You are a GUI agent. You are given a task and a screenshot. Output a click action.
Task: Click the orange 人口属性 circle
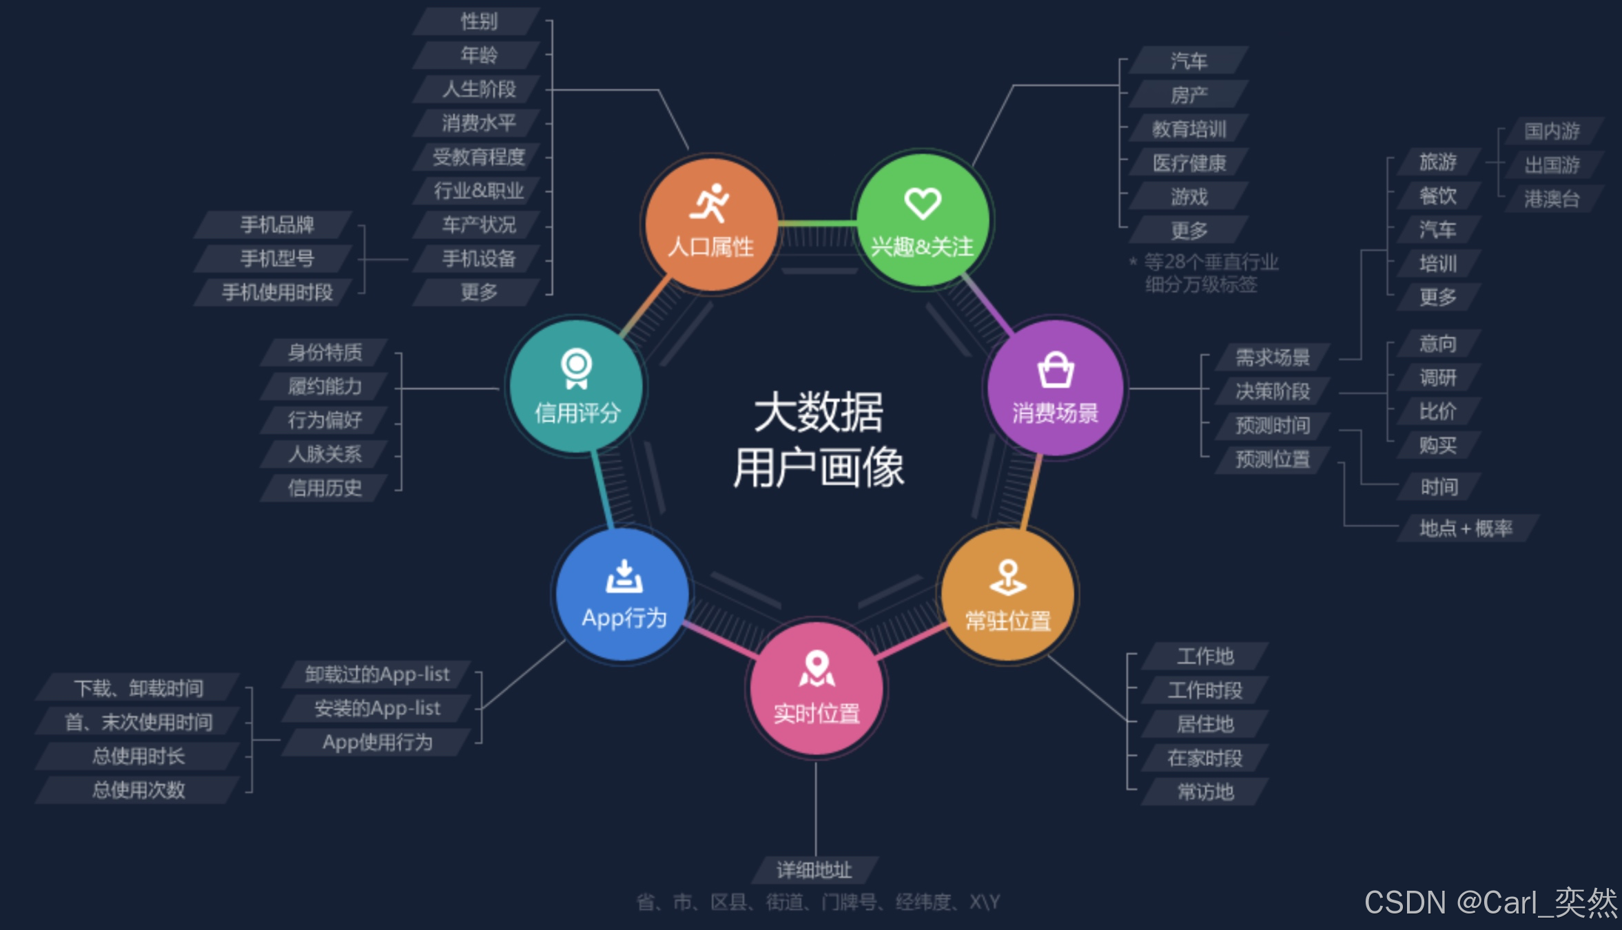click(x=711, y=224)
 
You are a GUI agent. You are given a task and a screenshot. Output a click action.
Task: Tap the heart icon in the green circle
click(x=923, y=203)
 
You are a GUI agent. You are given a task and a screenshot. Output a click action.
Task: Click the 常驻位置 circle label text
click(x=1008, y=621)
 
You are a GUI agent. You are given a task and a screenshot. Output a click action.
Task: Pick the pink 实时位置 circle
click(x=817, y=689)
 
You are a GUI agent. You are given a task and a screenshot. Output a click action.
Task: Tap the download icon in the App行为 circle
click(x=624, y=577)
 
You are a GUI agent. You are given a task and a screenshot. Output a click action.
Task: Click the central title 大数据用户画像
click(x=819, y=440)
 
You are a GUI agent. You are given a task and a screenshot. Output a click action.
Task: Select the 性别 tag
click(x=478, y=21)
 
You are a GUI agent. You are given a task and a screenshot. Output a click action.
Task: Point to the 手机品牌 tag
click(x=276, y=225)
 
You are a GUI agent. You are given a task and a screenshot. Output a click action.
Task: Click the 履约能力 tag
click(x=325, y=386)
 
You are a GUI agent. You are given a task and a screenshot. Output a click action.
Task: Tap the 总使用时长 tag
click(x=138, y=756)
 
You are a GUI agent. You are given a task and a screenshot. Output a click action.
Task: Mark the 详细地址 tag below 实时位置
click(x=814, y=870)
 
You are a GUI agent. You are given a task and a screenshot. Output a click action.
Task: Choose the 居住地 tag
click(x=1205, y=724)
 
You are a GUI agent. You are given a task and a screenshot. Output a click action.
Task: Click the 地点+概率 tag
click(x=1466, y=528)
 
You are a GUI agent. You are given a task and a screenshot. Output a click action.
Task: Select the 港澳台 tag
click(x=1552, y=199)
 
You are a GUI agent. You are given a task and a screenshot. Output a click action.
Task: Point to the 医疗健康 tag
click(x=1189, y=163)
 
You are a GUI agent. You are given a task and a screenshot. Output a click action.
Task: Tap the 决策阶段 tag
click(x=1272, y=391)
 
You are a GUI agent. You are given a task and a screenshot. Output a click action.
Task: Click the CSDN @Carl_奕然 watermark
click(x=1490, y=902)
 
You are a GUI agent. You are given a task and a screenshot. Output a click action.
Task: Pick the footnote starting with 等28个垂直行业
click(x=1210, y=273)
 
